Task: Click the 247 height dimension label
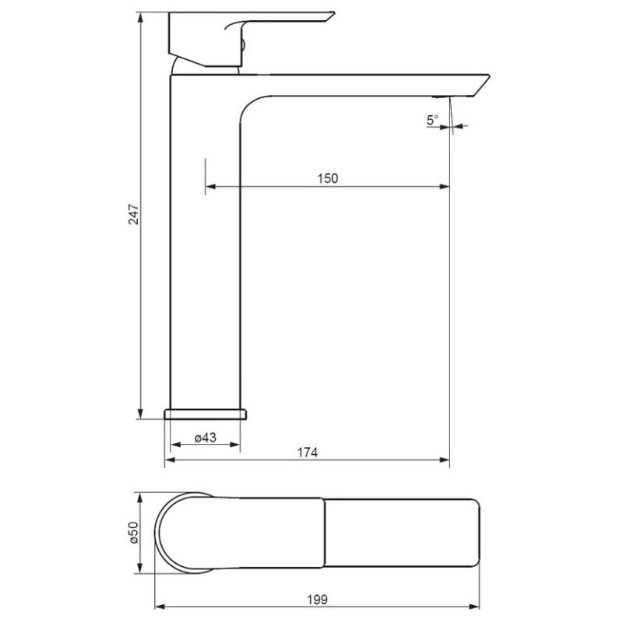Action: pyautogui.click(x=134, y=215)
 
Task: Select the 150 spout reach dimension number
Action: pyautogui.click(x=327, y=178)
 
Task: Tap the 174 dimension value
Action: pyautogui.click(x=308, y=452)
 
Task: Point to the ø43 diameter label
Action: pyautogui.click(x=206, y=438)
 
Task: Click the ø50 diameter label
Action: pyautogui.click(x=133, y=533)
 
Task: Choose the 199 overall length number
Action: pyautogui.click(x=317, y=599)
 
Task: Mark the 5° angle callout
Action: pyautogui.click(x=432, y=119)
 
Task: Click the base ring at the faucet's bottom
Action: pyautogui.click(x=206, y=414)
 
